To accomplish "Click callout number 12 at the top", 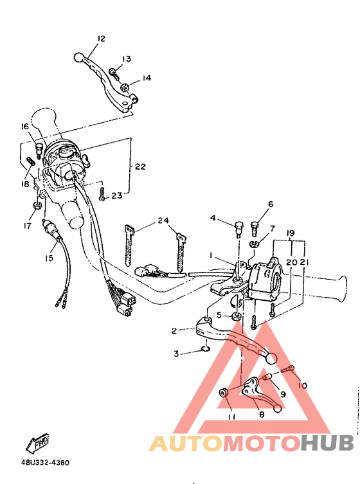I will [101, 39].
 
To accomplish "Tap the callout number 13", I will [126, 59].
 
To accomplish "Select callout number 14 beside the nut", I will [147, 78].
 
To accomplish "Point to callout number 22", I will [140, 166].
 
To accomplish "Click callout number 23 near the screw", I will [116, 196].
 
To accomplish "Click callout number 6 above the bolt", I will [270, 204].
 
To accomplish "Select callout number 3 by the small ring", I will [176, 353].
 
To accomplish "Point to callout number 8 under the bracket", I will [262, 415].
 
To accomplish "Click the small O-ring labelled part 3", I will [204, 350].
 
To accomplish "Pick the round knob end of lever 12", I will [79, 58].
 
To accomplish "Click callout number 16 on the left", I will [25, 127].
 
